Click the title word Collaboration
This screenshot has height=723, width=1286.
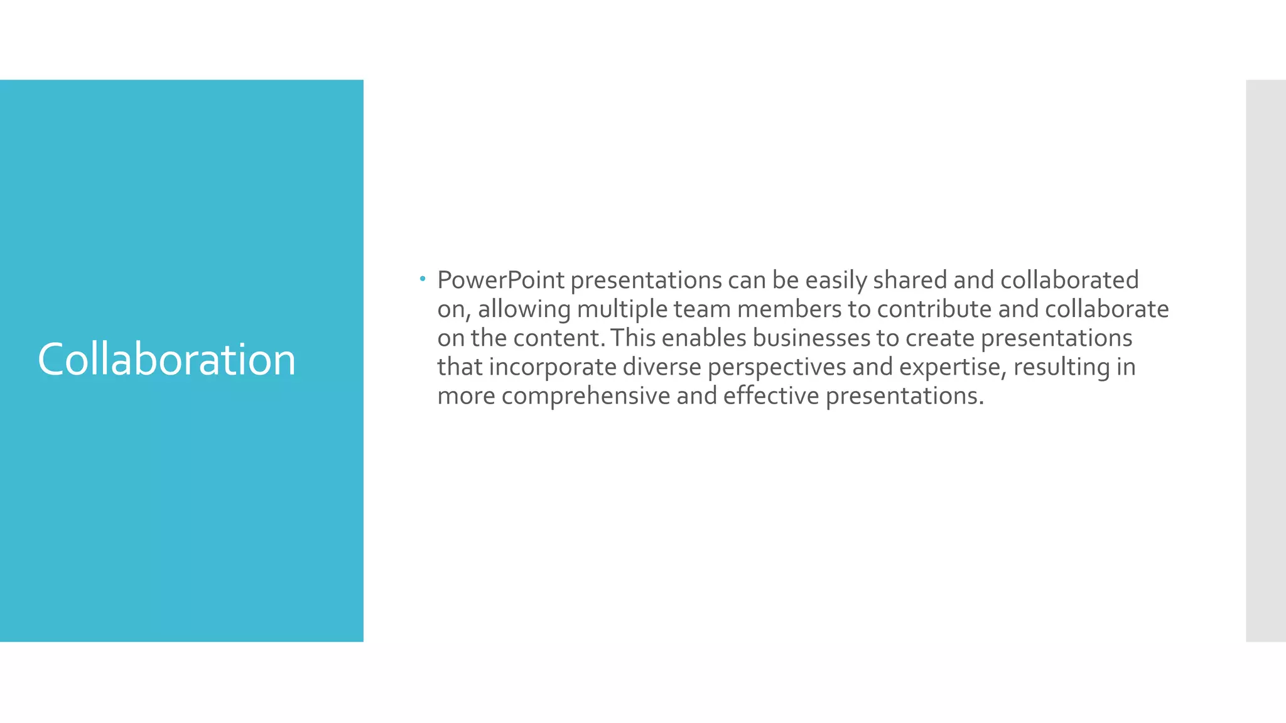tap(166, 360)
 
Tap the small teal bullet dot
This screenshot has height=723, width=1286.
tap(423, 278)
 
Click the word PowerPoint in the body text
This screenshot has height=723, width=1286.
tap(500, 281)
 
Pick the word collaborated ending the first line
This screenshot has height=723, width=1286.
tap(1069, 281)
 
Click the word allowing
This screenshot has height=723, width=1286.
tap(524, 309)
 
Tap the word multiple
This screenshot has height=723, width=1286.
tap(622, 309)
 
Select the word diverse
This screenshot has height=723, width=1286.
tap(662, 367)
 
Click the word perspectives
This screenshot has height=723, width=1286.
tap(777, 367)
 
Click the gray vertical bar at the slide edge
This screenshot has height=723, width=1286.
tap(1265, 360)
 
